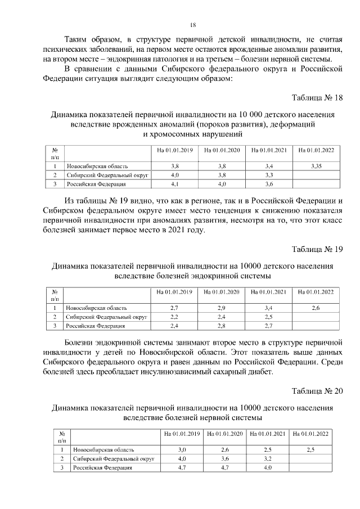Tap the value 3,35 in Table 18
(x=316, y=166)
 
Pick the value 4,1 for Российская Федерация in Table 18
(x=174, y=184)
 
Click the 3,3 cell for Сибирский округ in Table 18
(x=269, y=175)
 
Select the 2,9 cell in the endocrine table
(x=222, y=308)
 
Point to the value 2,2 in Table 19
(x=174, y=317)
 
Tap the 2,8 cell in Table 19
(x=222, y=325)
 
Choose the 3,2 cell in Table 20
(x=268, y=459)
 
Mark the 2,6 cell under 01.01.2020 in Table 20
(x=225, y=451)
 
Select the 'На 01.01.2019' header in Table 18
(x=174, y=150)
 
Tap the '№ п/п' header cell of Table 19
(x=55, y=295)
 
